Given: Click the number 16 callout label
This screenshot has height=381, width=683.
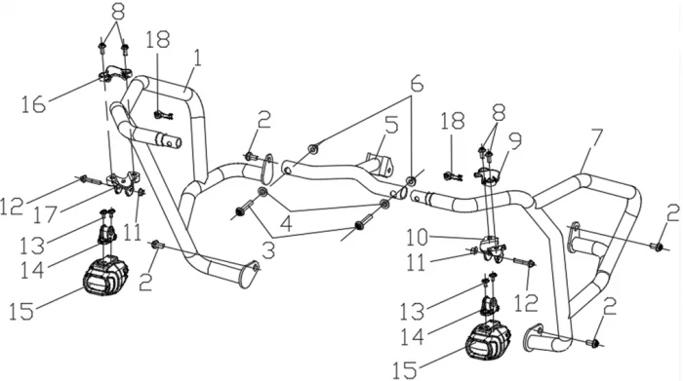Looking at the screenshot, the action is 33,105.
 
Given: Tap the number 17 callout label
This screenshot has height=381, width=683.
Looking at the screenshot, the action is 46,214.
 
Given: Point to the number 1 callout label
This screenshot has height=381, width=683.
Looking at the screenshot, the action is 197,59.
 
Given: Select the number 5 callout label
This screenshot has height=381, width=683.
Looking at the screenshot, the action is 391,125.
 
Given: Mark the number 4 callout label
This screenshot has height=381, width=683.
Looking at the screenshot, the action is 286,223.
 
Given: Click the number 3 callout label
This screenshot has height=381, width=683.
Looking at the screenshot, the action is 268,251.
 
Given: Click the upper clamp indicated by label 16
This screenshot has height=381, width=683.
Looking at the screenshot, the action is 114,73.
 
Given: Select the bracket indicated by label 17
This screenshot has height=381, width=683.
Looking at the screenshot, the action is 123,183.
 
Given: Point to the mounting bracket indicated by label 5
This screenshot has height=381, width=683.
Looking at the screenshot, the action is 380,163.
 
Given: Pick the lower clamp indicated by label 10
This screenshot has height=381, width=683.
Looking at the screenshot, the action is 493,247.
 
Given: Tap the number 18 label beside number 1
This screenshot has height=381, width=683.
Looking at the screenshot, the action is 157,40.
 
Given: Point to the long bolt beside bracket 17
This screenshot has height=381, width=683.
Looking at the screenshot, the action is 91,179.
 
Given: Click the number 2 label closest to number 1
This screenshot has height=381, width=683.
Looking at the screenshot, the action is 263,120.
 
